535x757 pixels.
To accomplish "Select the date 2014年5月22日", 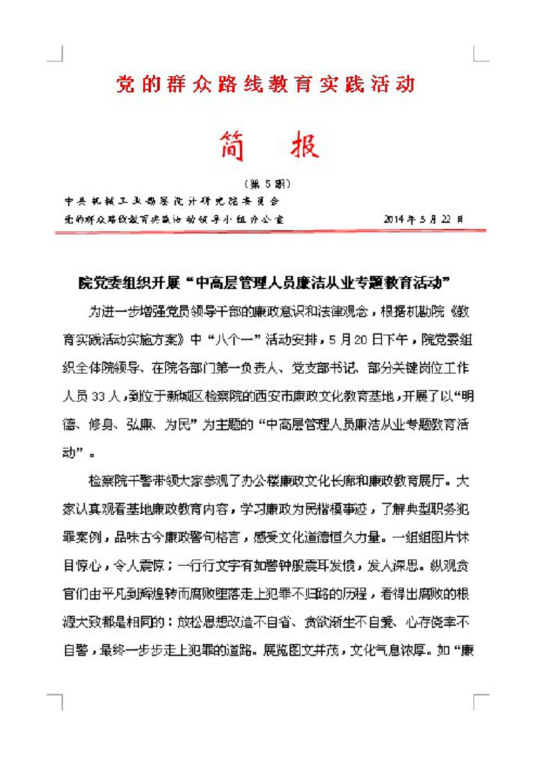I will click(424, 218).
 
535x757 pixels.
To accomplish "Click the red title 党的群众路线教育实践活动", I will click(266, 84).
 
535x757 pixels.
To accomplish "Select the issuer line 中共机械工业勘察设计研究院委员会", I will click(172, 201).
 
